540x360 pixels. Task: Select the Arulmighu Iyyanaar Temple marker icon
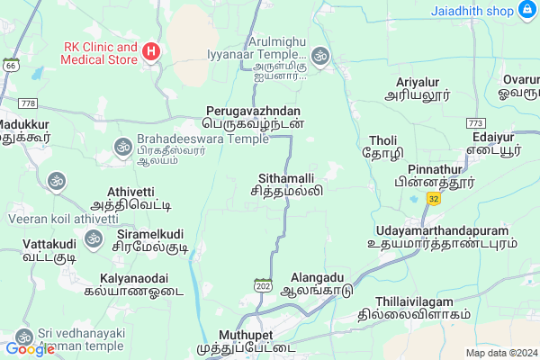click(x=320, y=57)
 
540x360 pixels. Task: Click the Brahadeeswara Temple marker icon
click(x=121, y=147)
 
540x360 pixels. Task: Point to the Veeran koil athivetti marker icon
click(x=57, y=181)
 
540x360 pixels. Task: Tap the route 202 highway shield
click(x=263, y=285)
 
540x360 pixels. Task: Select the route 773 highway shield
click(x=475, y=121)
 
